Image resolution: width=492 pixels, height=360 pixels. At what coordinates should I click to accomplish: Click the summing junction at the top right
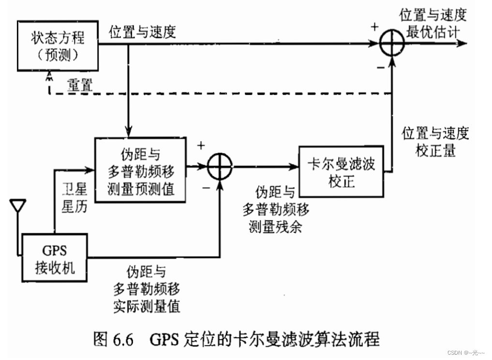pos(391,44)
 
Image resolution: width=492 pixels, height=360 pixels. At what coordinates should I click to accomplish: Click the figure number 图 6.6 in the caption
pos(113,338)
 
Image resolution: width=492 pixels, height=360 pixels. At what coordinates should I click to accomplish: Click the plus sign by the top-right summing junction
pos(373,27)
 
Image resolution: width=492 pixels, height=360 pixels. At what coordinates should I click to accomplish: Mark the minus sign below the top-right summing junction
pos(380,67)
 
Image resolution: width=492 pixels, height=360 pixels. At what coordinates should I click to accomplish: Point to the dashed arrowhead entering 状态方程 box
pos(49,73)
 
